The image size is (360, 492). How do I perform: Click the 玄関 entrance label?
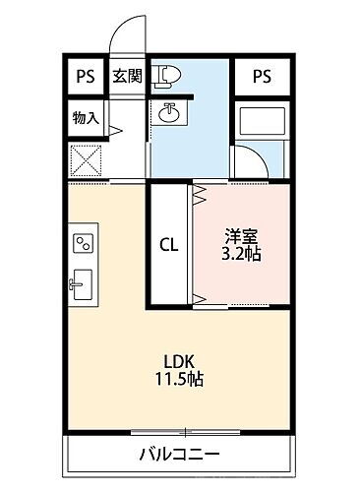(x=125, y=77)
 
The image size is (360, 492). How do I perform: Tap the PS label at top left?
(x=86, y=77)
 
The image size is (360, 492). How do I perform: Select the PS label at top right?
(x=262, y=76)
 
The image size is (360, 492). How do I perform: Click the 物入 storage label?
(x=86, y=117)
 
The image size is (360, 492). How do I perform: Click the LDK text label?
(x=177, y=360)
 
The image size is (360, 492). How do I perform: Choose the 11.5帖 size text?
(x=177, y=379)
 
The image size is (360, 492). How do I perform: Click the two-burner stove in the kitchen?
(x=83, y=241)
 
